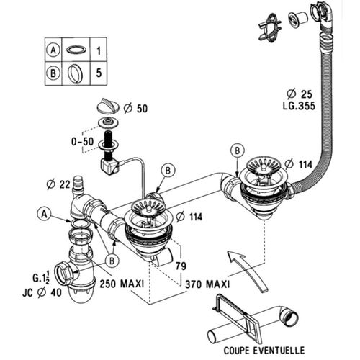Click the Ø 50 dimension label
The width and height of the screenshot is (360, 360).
[136, 108]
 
